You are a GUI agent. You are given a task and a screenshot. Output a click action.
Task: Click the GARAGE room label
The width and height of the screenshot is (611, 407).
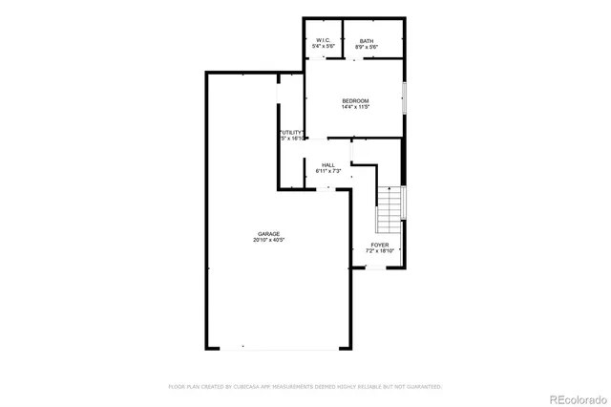click(x=267, y=234)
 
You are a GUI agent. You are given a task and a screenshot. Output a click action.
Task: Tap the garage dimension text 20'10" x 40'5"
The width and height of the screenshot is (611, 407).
click(x=267, y=241)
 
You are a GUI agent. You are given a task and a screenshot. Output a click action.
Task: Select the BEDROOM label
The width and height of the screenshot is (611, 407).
click(x=355, y=100)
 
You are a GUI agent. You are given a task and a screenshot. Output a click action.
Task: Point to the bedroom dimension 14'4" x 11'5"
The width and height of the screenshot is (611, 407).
click(x=355, y=107)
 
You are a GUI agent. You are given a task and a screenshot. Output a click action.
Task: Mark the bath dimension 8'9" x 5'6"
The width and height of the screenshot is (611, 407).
click(x=367, y=47)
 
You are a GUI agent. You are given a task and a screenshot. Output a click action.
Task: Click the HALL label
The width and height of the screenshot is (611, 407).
click(x=327, y=164)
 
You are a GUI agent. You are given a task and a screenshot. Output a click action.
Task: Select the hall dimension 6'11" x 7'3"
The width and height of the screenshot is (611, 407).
click(x=327, y=171)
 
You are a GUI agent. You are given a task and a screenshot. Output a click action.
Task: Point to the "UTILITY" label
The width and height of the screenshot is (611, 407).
click(x=291, y=132)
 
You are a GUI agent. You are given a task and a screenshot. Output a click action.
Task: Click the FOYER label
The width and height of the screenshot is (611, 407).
click(x=381, y=245)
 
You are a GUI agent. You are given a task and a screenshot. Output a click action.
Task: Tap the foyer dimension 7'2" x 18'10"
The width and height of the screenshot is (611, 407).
click(x=381, y=251)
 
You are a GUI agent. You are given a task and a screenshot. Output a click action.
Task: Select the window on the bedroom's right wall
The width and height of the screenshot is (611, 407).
click(x=404, y=100)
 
